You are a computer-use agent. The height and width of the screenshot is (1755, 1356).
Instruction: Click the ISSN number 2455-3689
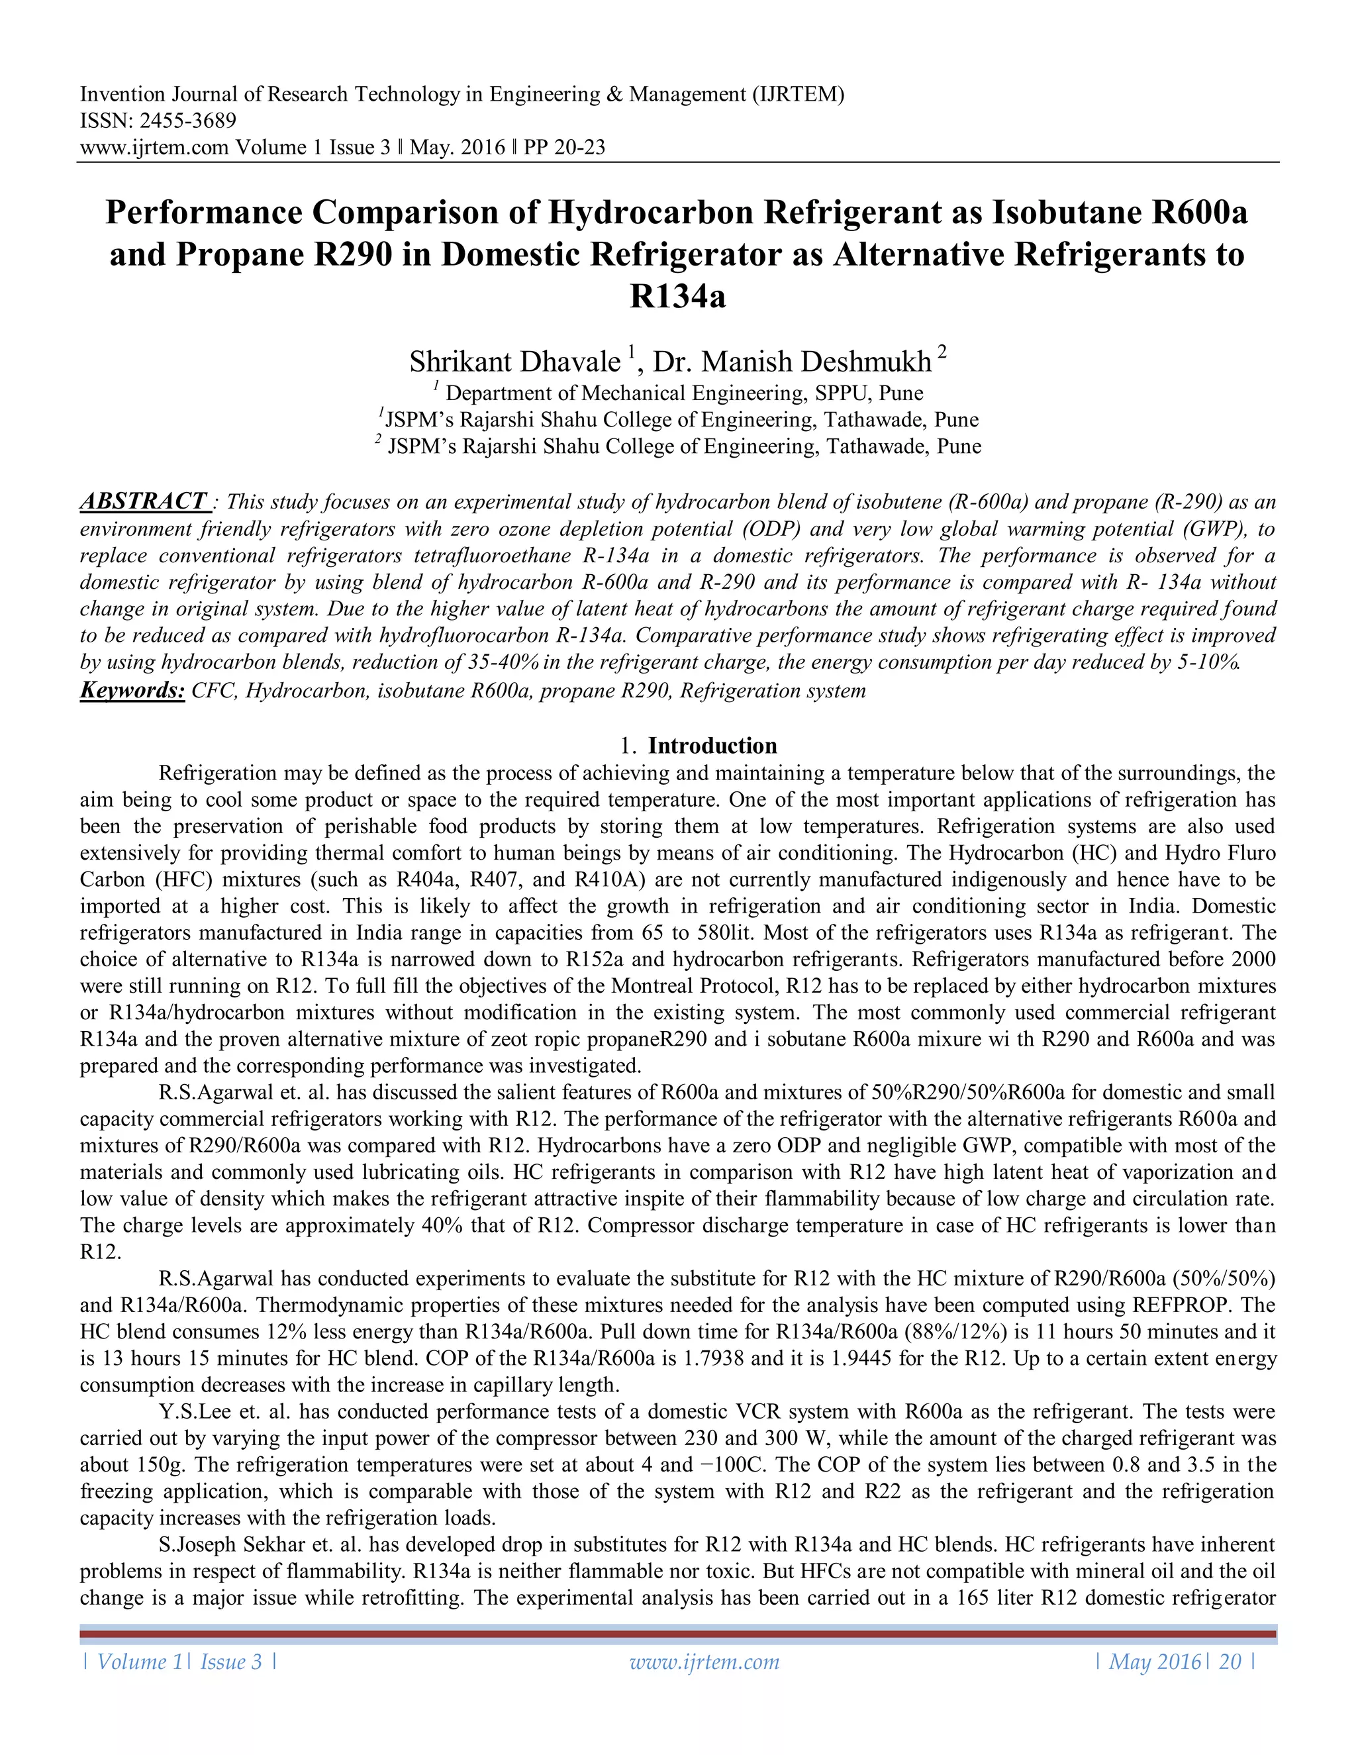pos(188,121)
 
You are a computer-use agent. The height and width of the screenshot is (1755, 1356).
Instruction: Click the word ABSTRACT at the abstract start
pos(144,501)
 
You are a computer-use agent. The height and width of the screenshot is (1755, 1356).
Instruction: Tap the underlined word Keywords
pos(132,690)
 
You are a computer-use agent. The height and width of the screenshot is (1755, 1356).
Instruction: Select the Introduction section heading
pos(712,746)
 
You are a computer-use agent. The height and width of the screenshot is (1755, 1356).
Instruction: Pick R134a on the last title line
pos(677,297)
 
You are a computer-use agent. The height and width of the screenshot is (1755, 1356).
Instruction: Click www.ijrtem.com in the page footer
pos(704,1662)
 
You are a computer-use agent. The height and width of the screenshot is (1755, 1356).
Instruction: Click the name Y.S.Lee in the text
pos(192,1412)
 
